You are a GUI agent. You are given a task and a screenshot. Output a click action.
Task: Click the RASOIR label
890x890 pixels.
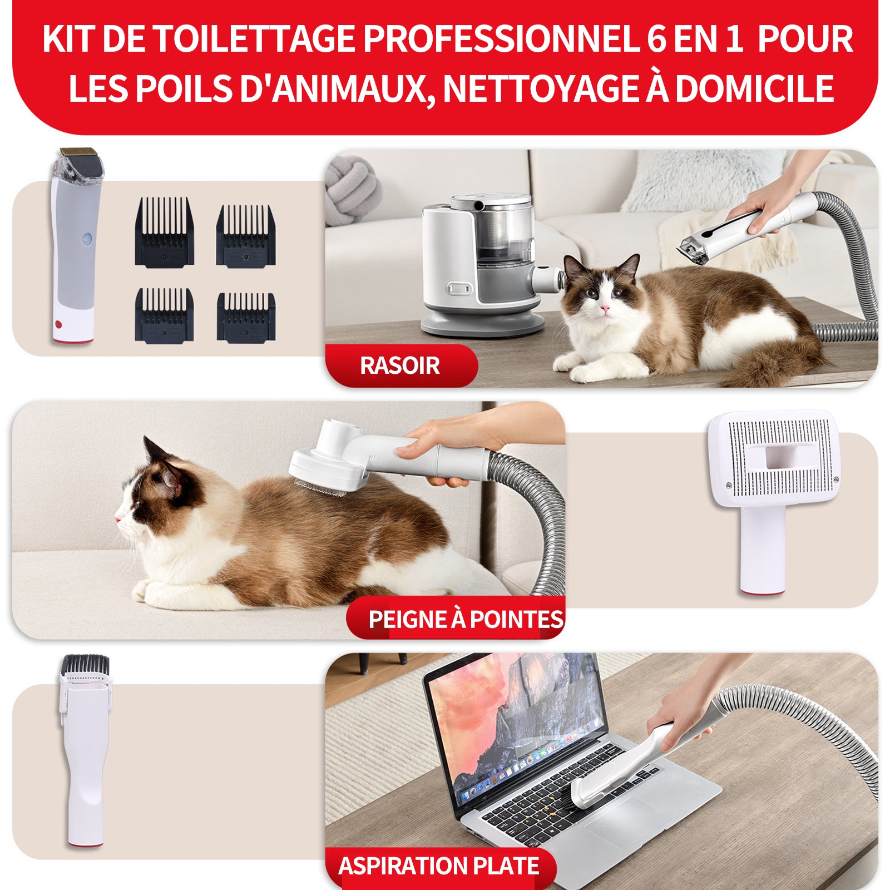tap(399, 365)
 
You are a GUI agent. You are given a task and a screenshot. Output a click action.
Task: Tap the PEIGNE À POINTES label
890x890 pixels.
tap(465, 619)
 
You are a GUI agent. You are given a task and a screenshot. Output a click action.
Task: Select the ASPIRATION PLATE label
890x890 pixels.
tap(438, 866)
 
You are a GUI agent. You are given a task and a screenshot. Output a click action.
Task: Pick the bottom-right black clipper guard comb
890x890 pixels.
tap(246, 317)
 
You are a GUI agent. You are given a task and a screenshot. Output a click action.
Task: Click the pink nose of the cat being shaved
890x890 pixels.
tap(605, 308)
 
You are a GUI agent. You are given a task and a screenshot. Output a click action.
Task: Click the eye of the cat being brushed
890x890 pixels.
tap(137, 504)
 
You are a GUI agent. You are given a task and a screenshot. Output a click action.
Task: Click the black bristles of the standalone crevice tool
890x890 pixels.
tap(85, 664)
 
